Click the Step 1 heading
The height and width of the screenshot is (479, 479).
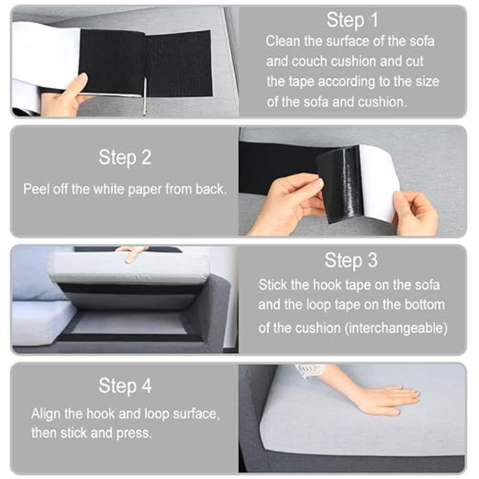coord(352,20)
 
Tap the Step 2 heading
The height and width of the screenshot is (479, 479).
coord(125,157)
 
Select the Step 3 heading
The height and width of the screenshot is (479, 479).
coord(351,260)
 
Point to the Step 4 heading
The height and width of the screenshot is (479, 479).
coord(125,386)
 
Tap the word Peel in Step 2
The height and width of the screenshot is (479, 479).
coord(36,189)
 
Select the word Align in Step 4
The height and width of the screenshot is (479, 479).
coord(46,414)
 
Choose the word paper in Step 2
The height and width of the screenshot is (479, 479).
coord(145,190)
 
